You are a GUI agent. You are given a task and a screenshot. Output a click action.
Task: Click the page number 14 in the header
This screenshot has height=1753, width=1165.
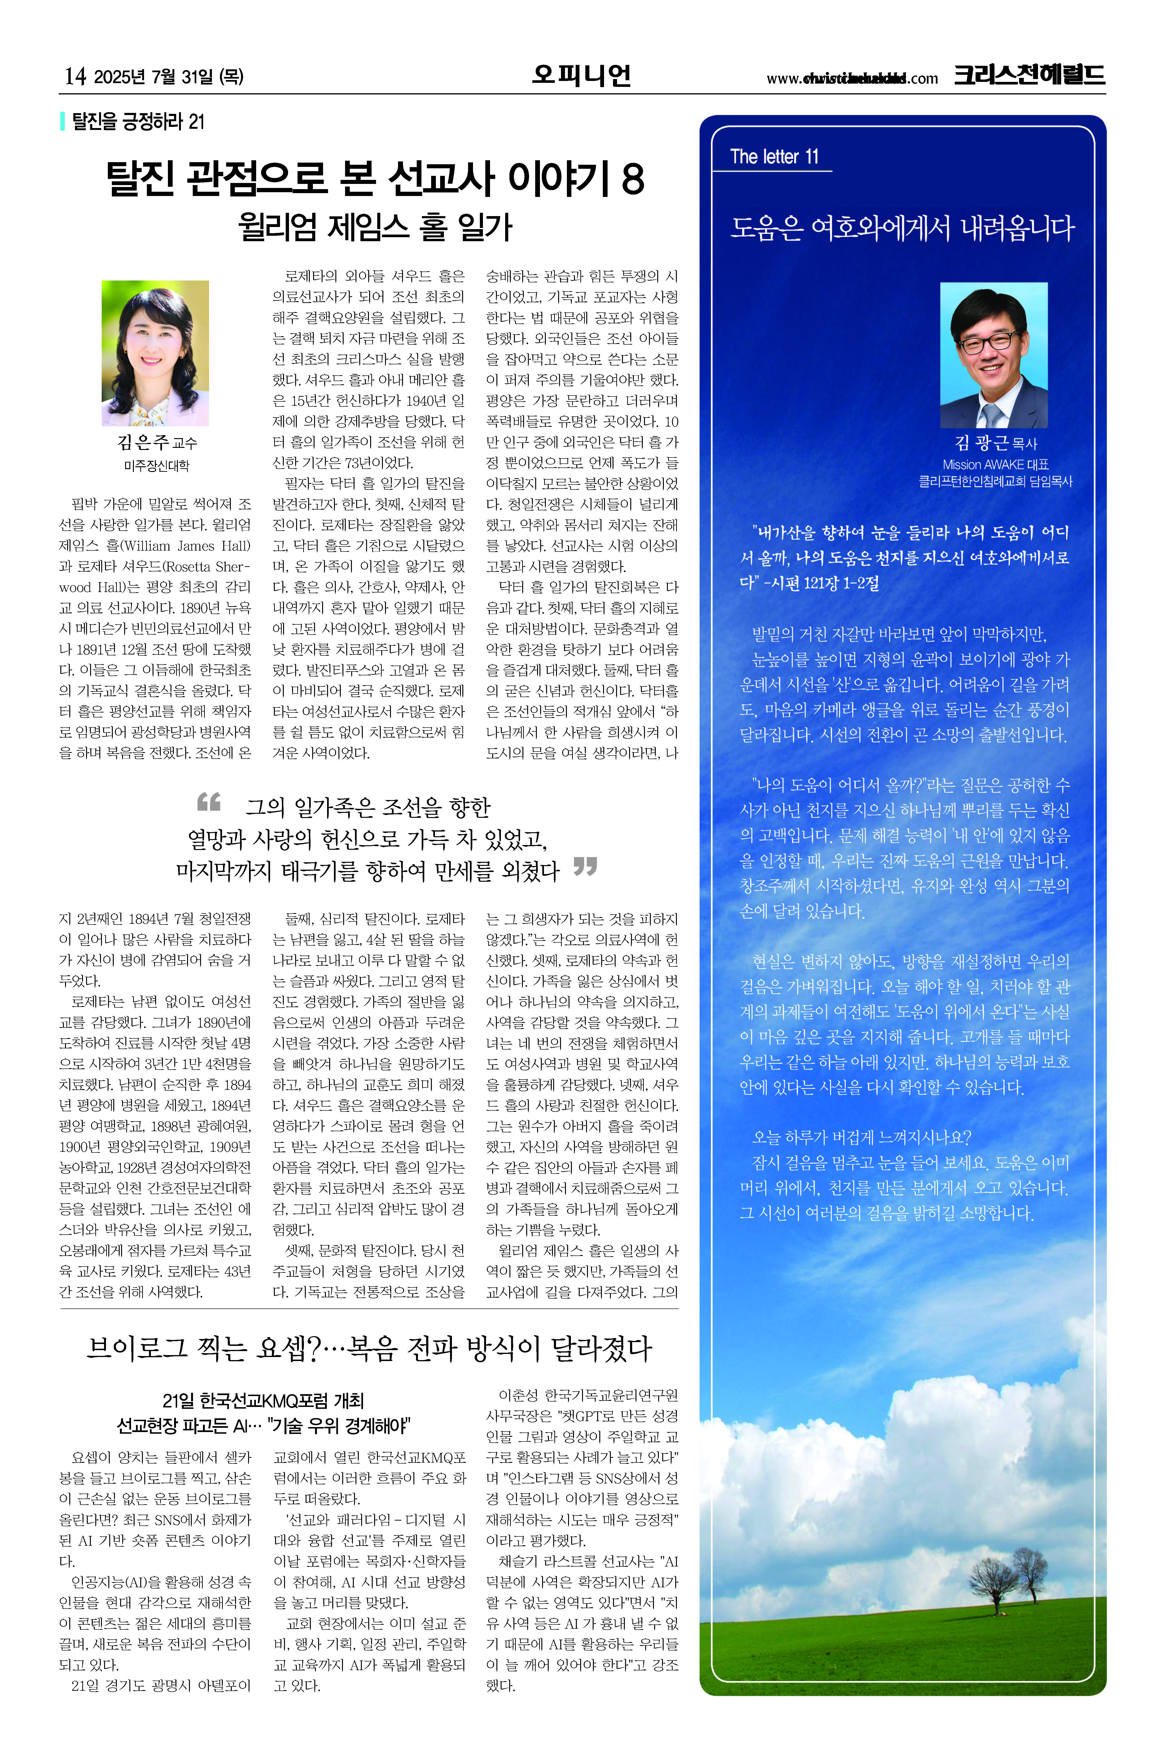point(75,77)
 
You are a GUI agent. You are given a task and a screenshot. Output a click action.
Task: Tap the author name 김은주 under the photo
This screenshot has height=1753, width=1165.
point(143,443)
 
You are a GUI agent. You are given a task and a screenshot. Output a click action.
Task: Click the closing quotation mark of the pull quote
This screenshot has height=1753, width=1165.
point(586,867)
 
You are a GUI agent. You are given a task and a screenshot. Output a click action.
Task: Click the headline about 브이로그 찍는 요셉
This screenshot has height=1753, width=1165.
point(368,1348)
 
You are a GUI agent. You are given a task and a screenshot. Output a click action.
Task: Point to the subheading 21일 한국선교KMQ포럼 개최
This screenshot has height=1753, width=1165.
point(263,1401)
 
